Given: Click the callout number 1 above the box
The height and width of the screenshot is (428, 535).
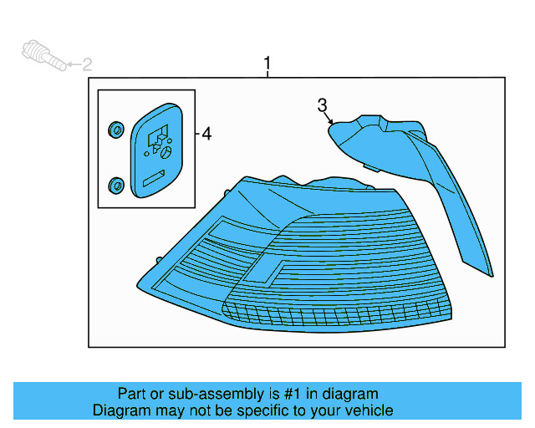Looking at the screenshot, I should click(x=267, y=64).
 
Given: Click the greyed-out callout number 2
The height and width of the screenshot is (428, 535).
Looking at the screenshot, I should click(x=86, y=64).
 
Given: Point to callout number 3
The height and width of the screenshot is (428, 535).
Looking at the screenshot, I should click(x=322, y=104).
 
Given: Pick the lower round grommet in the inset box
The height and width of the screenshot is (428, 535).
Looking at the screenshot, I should click(x=115, y=184).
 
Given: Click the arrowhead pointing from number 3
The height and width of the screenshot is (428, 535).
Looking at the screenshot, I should click(x=332, y=124).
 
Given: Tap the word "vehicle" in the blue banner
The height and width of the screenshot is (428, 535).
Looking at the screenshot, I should click(x=364, y=410).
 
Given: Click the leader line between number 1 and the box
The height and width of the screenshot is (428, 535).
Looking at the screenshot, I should click(x=267, y=74).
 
